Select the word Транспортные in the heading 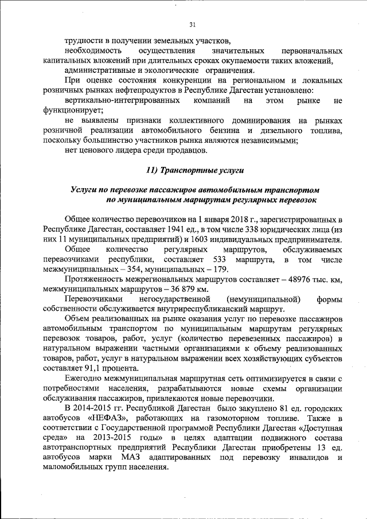click(190, 170)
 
